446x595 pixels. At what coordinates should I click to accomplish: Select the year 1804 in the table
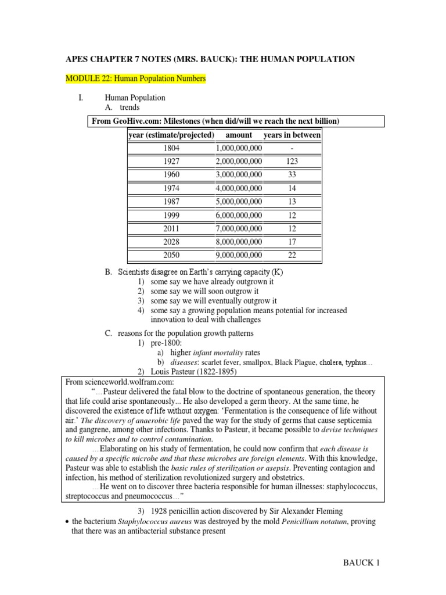pyautogui.click(x=171, y=148)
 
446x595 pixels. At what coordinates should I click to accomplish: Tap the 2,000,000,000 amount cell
pyautogui.click(x=239, y=162)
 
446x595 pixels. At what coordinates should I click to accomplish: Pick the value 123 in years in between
pyautogui.click(x=292, y=162)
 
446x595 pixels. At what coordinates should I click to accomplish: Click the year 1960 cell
pyautogui.click(x=171, y=175)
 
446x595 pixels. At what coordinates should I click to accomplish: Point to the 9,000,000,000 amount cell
pyautogui.click(x=239, y=255)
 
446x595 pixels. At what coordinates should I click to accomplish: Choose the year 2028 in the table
pyautogui.click(x=171, y=242)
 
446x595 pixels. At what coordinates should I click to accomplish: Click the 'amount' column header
pyautogui.click(x=239, y=135)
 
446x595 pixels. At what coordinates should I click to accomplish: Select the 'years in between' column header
pyautogui.click(x=292, y=135)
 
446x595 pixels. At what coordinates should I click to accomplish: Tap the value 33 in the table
pyautogui.click(x=292, y=175)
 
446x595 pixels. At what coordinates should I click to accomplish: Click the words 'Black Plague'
pyautogui.click(x=296, y=362)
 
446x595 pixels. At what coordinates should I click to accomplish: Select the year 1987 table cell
pyautogui.click(x=171, y=202)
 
